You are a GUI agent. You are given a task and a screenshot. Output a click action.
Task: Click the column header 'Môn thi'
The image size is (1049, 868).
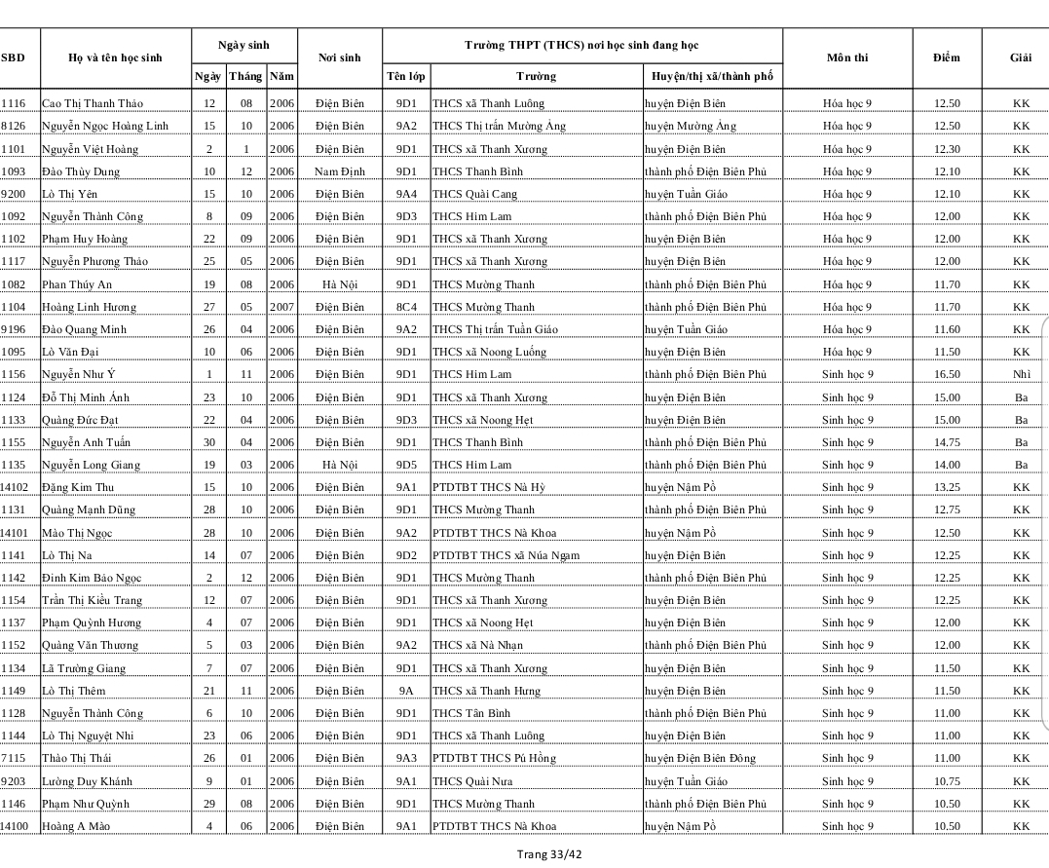coord(846,57)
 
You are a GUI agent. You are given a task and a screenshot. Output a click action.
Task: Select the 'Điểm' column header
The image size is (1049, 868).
coord(946,57)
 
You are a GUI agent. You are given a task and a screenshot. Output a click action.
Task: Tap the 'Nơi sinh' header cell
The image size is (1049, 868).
coord(339,57)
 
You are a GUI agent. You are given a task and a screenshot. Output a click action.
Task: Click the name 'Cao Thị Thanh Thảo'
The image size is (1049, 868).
coord(92,103)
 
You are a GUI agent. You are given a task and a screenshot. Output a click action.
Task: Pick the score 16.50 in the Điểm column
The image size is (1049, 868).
coord(946,374)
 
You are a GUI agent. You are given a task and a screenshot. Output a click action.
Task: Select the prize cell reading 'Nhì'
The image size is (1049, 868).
coord(1020,374)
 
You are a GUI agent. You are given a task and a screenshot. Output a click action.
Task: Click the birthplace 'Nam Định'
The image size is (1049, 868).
coord(339,171)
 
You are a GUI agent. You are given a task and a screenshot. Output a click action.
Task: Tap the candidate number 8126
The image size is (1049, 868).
coord(14,126)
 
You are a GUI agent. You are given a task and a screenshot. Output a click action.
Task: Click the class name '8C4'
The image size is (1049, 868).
coord(405,307)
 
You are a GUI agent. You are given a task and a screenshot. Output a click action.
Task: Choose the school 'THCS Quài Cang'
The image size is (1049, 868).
coord(474,194)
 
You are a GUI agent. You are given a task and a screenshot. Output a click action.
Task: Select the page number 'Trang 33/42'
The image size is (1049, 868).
coord(550,854)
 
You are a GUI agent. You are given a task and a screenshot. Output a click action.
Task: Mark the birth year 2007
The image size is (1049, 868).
coord(281,307)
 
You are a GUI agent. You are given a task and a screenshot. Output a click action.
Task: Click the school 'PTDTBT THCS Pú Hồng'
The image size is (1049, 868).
coord(494,758)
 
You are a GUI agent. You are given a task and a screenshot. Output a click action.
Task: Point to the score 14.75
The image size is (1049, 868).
coord(946,442)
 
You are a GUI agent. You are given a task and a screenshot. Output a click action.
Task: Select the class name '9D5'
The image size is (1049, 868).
coord(405,465)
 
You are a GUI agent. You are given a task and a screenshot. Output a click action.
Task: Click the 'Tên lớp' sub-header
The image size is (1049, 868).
coord(405,76)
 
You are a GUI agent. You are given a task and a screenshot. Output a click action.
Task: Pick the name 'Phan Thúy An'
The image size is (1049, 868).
coord(77,284)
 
